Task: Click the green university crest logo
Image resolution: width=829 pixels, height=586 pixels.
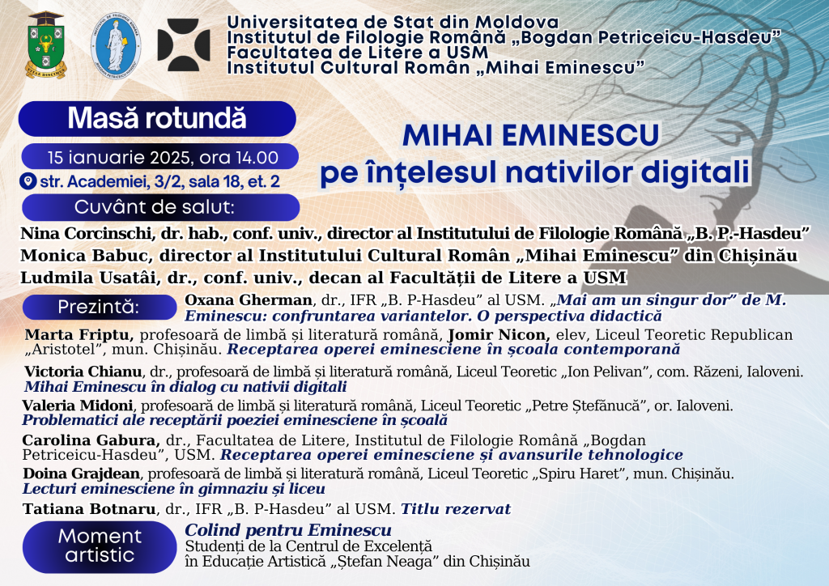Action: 46,45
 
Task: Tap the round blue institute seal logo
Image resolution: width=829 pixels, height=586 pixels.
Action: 116,46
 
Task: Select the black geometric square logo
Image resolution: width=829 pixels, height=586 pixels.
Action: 184,45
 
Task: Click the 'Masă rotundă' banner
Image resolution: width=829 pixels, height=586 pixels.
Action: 157,118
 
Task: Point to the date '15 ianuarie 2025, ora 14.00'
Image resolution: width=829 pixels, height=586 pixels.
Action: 163,158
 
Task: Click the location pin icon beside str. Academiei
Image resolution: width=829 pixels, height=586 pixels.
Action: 28,180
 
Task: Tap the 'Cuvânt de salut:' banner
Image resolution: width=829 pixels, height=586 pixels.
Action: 161,207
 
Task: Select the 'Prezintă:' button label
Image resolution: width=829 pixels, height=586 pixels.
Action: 99,307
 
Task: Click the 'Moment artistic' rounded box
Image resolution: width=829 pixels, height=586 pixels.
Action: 100,546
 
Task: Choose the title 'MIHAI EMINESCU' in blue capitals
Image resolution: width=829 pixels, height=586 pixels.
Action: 531,135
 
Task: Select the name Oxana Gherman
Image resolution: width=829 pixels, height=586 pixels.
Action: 249,300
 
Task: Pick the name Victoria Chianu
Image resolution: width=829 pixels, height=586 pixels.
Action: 83,372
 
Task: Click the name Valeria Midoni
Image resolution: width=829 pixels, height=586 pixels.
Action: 78,406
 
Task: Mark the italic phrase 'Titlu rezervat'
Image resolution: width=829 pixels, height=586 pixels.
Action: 456,509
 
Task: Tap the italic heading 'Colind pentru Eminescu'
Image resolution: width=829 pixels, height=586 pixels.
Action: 288,530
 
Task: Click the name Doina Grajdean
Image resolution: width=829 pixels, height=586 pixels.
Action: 82,473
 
